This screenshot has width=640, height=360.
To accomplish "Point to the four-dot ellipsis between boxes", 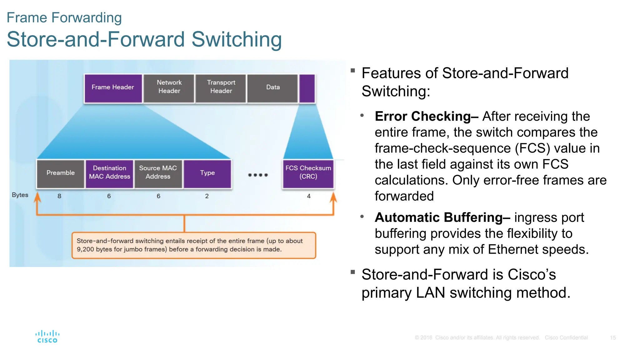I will pos(258,175).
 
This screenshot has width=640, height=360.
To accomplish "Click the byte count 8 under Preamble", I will pos(59,196).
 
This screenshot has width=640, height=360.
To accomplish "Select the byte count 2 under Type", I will pos(207,196).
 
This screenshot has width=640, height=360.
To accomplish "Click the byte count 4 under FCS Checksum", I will pos(309,196).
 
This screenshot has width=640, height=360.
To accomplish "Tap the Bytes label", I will pos(20,195).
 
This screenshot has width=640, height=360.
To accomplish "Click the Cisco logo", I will pos(47,337).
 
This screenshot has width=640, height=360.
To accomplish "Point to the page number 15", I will pos(613,338).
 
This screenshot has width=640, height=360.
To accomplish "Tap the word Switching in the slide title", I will pos(237,40).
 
